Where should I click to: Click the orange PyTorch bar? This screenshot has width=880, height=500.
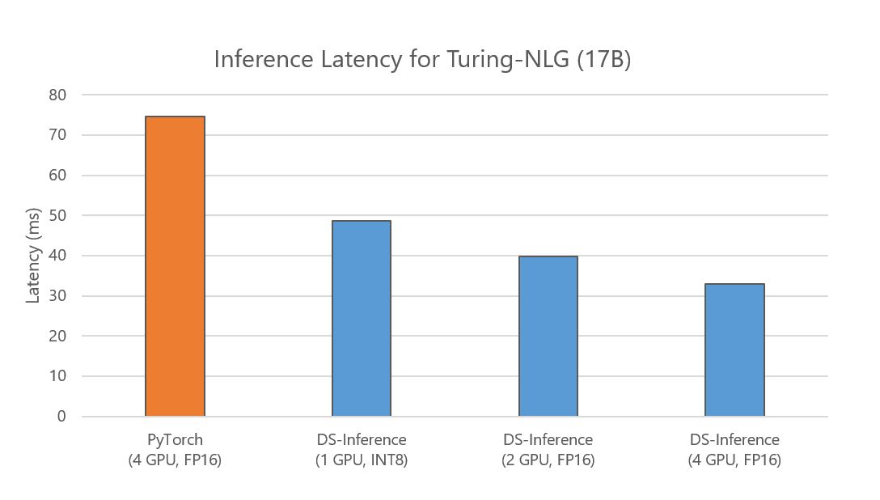pos(175,267)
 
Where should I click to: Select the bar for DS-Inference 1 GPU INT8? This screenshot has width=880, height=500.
pos(362,319)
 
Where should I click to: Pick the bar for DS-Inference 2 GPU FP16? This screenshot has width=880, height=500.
pos(548,337)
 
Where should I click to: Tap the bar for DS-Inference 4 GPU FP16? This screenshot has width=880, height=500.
pos(734,350)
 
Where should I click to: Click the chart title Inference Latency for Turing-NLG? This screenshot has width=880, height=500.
pos(421,60)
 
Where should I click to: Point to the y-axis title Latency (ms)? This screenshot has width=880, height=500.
pos(33,256)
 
